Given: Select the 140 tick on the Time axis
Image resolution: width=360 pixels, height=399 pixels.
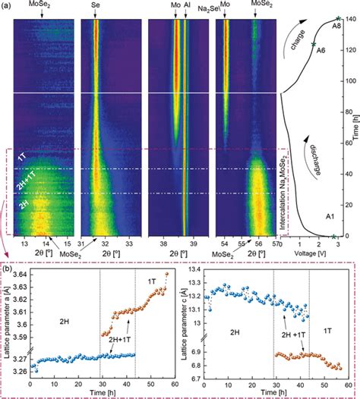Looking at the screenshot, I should click(348, 18).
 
